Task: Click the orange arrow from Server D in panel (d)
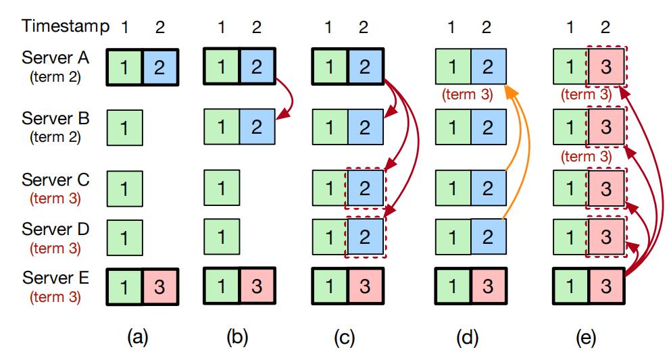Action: (513, 155)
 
